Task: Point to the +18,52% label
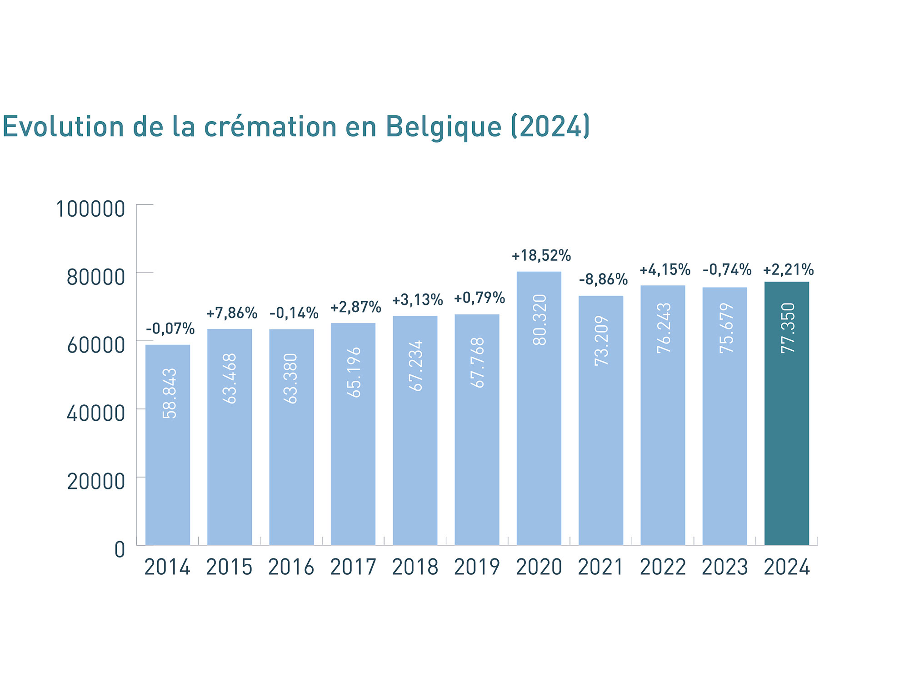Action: coord(541,256)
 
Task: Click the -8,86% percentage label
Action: coord(603,279)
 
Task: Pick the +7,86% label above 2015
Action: coord(232,313)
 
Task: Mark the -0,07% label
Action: coord(170,329)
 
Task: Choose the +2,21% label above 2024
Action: coord(788,270)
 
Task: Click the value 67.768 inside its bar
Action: coord(477,363)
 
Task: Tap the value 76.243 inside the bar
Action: coord(664,328)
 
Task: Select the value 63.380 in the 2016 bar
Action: coord(291,378)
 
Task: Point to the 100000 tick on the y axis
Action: coord(90,209)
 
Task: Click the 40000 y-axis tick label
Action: coord(96,413)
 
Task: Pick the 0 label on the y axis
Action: coord(120,550)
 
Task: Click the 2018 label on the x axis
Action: coord(415,568)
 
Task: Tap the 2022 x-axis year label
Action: coord(663,568)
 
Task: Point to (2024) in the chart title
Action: coord(550,127)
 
